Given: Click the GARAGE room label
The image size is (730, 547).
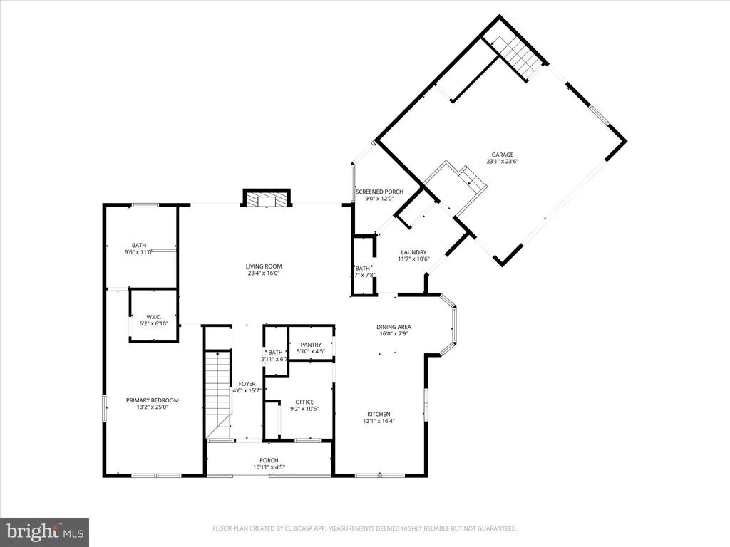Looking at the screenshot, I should pyautogui.click(x=502, y=155).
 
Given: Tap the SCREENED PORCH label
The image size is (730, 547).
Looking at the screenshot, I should pyautogui.click(x=379, y=192).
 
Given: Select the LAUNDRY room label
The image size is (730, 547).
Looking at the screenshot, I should pyautogui.click(x=413, y=252).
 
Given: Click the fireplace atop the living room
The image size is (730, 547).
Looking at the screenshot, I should pyautogui.click(x=267, y=199).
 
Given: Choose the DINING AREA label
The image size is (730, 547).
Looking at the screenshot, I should pyautogui.click(x=394, y=327).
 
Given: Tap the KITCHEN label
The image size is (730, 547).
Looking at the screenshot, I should pyautogui.click(x=379, y=414).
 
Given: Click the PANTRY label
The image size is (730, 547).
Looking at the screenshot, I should pyautogui.click(x=311, y=345).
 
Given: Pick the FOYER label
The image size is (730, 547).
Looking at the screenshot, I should pyautogui.click(x=247, y=385).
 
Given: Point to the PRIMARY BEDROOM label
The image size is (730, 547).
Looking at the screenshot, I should pyautogui.click(x=153, y=400).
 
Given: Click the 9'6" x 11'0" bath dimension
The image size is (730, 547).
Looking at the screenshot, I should pyautogui.click(x=139, y=252).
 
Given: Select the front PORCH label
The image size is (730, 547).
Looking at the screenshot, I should pyautogui.click(x=269, y=460).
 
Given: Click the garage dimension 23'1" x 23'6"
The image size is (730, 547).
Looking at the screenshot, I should pyautogui.click(x=502, y=162).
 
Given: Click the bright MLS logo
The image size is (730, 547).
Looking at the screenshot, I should pyautogui.click(x=43, y=531).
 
